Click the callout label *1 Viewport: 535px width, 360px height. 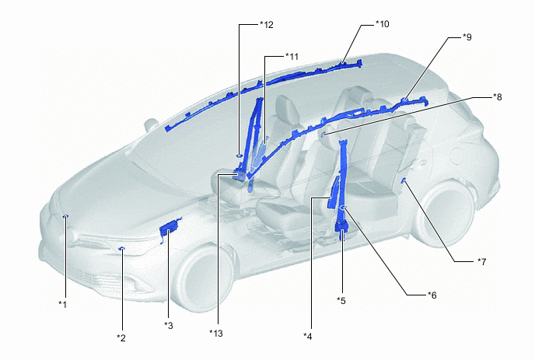(x=62, y=304)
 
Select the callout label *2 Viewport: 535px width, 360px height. (x=121, y=337)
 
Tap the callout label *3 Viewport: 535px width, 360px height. (x=169, y=326)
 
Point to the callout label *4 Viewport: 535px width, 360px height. (x=308, y=337)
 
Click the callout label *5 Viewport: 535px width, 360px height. (x=341, y=301)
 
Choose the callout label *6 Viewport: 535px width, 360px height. (x=432, y=295)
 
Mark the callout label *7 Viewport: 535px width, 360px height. (x=481, y=262)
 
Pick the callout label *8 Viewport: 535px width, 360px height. (x=497, y=97)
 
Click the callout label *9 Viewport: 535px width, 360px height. (x=467, y=37)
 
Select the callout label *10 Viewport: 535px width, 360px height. (x=382, y=24)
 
